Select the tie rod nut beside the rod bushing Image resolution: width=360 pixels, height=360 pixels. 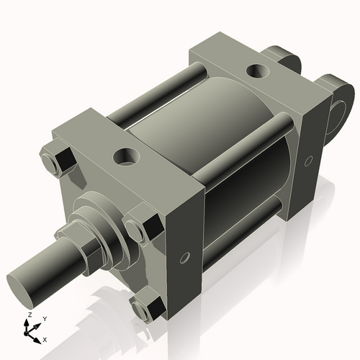point(140,228)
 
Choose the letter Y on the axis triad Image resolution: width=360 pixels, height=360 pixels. point(44,318)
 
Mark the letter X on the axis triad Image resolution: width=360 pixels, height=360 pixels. point(45,338)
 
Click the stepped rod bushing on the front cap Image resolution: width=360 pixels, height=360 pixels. point(101,216)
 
